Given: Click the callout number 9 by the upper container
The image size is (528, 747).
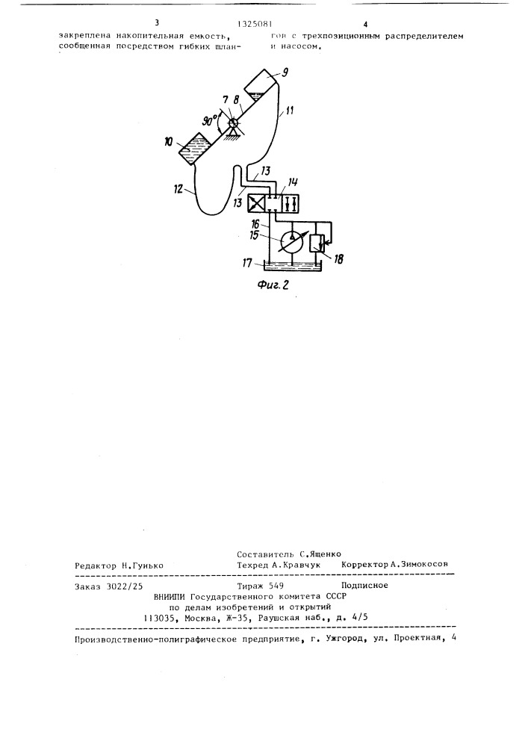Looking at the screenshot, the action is pyautogui.click(x=285, y=73).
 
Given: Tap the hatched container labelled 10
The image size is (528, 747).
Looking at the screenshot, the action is pyautogui.click(x=194, y=149).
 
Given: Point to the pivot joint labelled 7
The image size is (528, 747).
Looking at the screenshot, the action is pyautogui.click(x=232, y=123).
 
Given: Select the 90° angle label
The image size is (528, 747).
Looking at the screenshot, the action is pyautogui.click(x=209, y=120).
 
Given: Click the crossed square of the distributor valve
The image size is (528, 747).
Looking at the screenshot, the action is pyautogui.click(x=257, y=205).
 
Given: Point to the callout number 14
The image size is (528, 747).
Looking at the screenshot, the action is pyautogui.click(x=293, y=182).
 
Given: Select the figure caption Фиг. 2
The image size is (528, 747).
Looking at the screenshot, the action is pyautogui.click(x=273, y=285).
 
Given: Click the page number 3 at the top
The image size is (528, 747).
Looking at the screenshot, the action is pyautogui.click(x=157, y=23).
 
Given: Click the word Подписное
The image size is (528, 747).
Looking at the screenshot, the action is pyautogui.click(x=364, y=586).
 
